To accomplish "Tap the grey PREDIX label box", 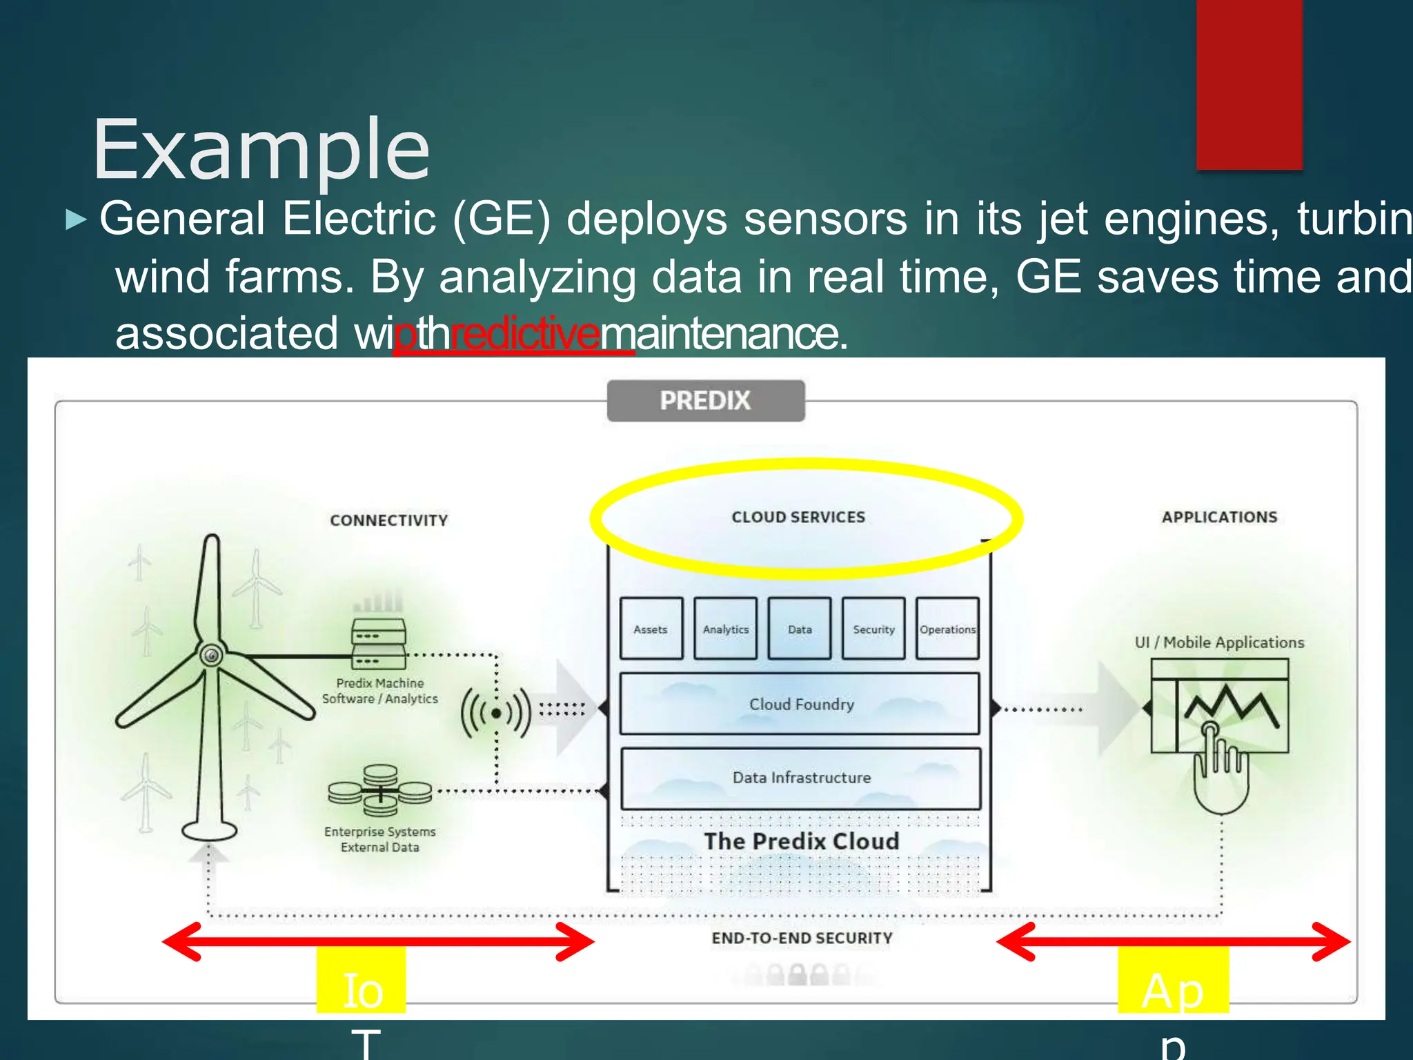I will click(705, 401).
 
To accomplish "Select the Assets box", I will click(651, 629).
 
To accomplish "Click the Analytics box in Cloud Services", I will click(725, 629).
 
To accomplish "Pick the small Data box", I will click(799, 629).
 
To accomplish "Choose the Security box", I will click(873, 629).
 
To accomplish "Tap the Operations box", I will click(947, 629).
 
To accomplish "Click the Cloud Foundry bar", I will click(800, 704).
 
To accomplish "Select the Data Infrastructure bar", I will click(800, 778).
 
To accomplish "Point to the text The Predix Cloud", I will click(801, 841).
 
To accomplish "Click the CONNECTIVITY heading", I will click(388, 520).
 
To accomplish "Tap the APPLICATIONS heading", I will click(1219, 517).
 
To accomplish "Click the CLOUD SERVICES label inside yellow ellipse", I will click(798, 517).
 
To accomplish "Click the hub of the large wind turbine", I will click(211, 655).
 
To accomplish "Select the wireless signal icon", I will click(496, 713).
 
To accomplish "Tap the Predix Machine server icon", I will click(379, 644).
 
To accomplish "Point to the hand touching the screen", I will click(1220, 769).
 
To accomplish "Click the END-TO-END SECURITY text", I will click(802, 938).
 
